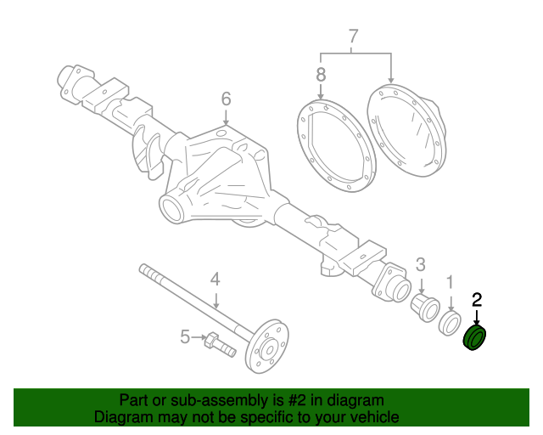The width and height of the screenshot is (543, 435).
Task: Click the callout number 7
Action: coord(354,36)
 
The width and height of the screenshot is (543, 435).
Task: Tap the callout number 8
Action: coord(321,75)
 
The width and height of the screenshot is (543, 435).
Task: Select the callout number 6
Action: coord(226,99)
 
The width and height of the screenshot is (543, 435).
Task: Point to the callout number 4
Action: coord(216,279)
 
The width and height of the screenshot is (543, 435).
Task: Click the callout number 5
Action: coord(185,337)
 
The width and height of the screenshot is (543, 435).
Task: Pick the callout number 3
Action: coord(420,263)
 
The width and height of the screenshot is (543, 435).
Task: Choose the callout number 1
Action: coord(451,280)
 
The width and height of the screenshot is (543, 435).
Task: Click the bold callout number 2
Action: coord(476,299)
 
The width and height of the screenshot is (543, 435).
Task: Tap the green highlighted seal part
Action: coord(475,338)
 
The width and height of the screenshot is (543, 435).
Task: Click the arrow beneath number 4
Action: coord(216,299)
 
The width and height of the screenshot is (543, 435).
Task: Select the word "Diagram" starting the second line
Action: coord(122,417)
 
